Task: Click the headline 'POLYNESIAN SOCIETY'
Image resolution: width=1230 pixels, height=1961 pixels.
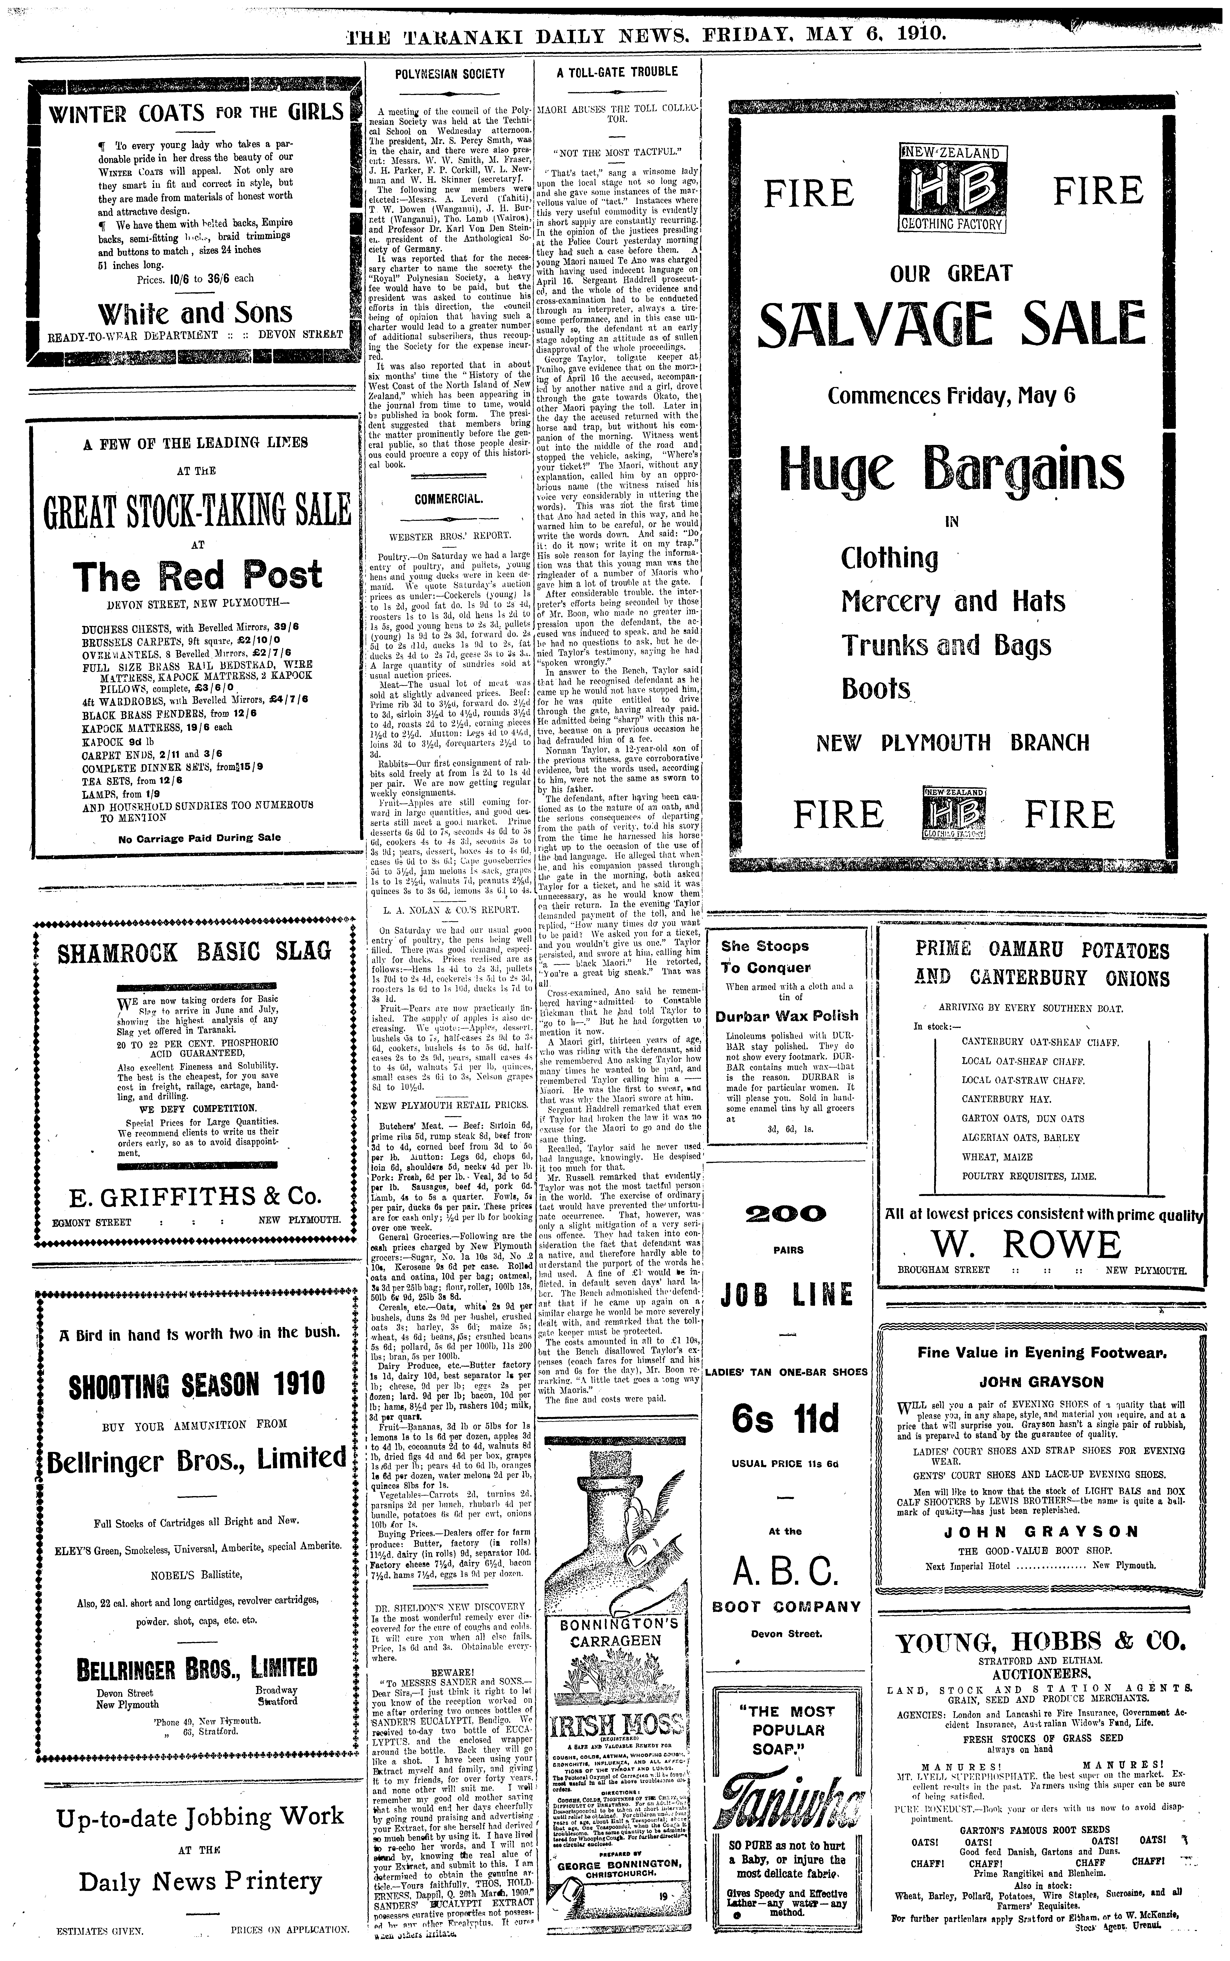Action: (x=450, y=73)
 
